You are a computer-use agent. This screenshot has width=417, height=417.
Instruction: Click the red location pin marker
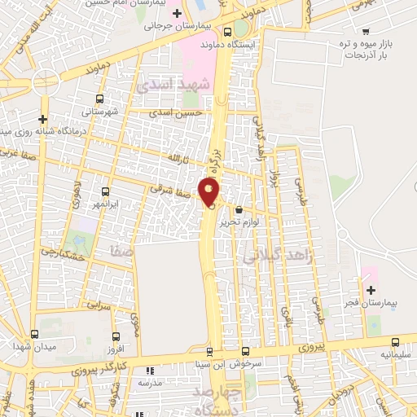pos(210,192)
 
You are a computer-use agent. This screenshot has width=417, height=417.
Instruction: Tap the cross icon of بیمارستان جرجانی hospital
pos(177,13)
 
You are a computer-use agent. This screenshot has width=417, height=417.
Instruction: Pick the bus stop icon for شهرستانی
pos(99,97)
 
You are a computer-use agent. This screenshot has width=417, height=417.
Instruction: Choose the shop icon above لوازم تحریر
pos(239,209)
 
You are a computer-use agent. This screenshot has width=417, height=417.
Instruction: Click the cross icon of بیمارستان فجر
pos(371,290)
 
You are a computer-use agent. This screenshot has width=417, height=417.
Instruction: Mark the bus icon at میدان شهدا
pos(34,334)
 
